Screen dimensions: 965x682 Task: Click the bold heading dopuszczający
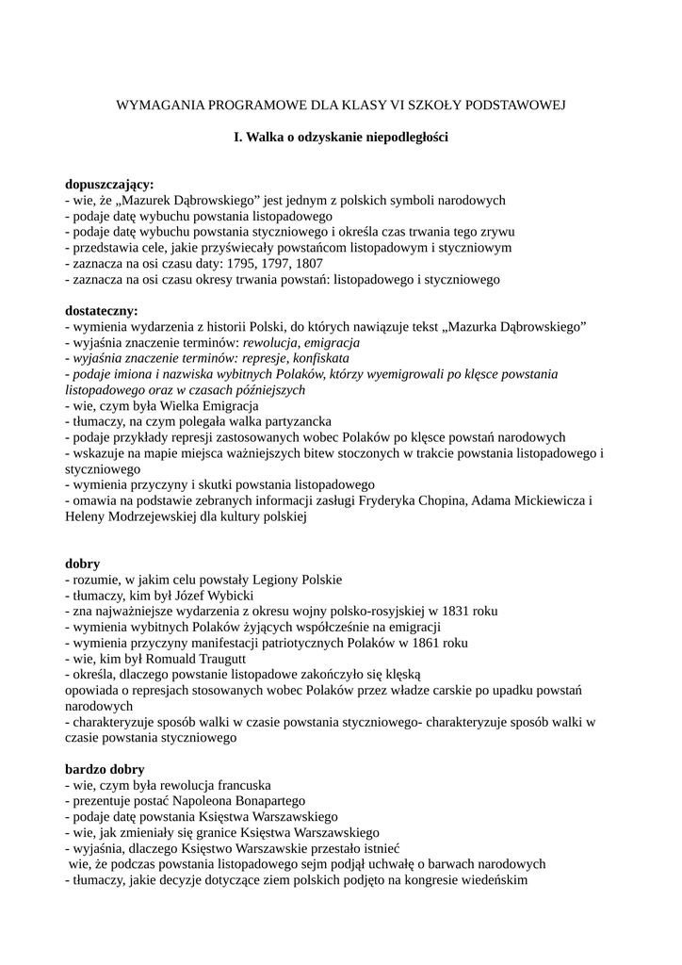pos(109,185)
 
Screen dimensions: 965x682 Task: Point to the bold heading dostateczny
pos(101,310)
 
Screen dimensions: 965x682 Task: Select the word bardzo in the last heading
pos(85,768)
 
